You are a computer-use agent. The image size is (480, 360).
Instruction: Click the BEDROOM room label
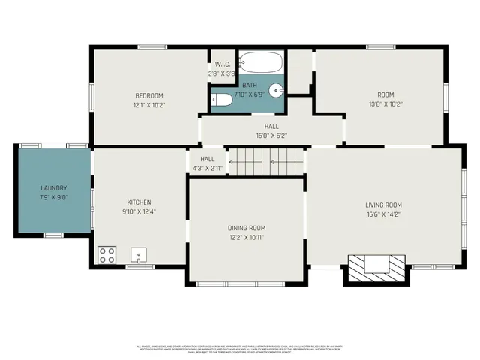148,95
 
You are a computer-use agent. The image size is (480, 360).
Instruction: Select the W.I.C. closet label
223,64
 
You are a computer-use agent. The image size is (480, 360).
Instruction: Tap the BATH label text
248,85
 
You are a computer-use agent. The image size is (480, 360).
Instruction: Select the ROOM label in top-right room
385,94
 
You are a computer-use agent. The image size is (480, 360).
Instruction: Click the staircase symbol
265,162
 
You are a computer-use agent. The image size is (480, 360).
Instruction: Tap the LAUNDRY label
53,188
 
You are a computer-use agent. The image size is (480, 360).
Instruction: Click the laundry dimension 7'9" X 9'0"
53,198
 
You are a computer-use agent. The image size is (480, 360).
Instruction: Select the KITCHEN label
139,202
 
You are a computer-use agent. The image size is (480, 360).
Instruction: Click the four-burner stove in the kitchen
106,254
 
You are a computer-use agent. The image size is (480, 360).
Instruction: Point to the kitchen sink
139,255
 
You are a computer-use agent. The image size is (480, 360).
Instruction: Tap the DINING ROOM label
247,228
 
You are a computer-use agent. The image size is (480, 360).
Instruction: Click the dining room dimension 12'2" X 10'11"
247,238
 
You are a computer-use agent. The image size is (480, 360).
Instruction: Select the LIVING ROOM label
383,205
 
